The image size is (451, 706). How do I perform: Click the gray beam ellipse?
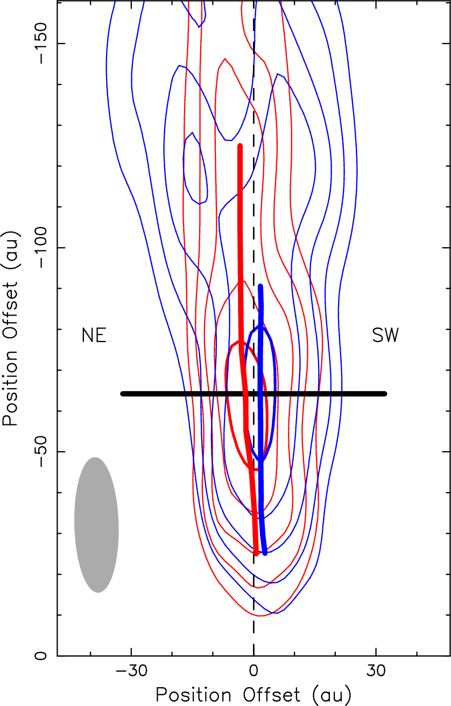point(96,525)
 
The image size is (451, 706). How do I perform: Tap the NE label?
point(94,335)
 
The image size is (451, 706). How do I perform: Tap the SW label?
point(385,335)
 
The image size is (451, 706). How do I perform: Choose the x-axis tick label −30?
point(131,673)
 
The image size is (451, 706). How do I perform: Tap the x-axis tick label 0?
point(253,673)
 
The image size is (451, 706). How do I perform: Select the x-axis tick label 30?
point(376,673)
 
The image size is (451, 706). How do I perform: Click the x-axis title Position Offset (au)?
point(253,694)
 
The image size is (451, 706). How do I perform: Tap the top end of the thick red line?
point(240,146)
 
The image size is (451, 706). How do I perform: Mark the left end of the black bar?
point(123,394)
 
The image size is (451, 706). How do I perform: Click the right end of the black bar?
point(385,394)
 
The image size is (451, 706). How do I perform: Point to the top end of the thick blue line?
point(260,286)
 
